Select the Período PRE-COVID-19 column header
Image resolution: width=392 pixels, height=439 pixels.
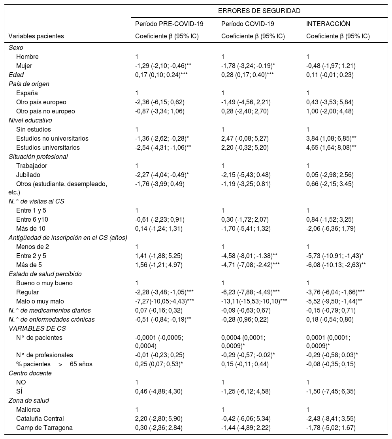click(x=169, y=24)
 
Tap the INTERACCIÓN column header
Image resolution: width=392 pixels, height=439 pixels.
click(x=328, y=24)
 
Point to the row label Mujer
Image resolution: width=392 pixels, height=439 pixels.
click(x=24, y=66)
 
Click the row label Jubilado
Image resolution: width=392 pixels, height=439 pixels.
click(x=28, y=175)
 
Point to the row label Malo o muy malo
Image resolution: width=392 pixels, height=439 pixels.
click(x=40, y=301)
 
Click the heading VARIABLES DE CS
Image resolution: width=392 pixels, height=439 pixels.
click(x=32, y=328)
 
